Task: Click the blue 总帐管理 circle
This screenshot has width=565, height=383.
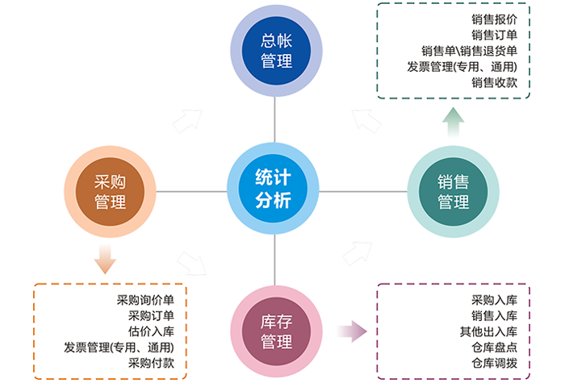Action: point(276,51)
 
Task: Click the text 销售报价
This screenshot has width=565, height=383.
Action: point(494,19)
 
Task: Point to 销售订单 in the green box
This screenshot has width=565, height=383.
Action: point(494,35)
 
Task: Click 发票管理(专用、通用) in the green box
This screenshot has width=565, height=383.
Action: point(462,66)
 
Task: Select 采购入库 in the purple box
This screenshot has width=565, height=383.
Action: point(494,301)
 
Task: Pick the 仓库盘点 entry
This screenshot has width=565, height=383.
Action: point(494,347)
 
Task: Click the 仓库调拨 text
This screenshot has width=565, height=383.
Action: point(494,363)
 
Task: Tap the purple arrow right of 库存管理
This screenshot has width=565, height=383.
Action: point(353,332)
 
